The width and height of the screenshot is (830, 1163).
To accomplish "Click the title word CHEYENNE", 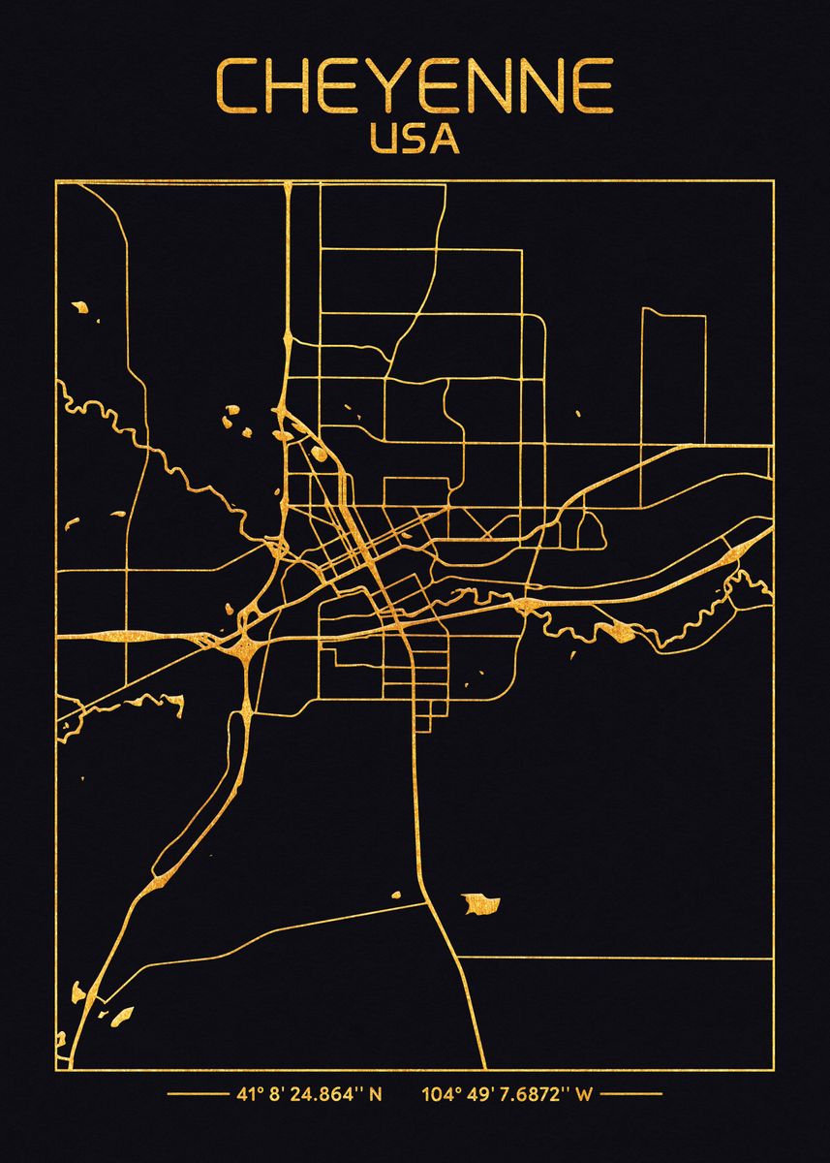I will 415,87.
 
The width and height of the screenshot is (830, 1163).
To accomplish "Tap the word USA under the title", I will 415,139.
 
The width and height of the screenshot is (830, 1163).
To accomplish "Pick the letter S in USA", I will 415,139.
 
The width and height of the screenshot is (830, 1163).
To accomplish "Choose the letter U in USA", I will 384,139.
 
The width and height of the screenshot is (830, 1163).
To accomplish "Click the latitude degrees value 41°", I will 246,1095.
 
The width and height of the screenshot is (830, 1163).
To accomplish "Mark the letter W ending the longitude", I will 583,1095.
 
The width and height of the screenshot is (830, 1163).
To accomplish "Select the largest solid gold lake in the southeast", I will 481,905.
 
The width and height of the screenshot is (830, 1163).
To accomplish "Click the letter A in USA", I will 446,139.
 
